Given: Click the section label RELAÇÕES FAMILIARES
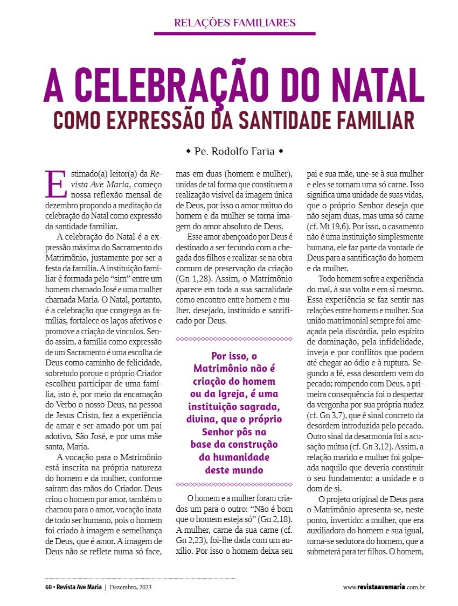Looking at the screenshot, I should pyautogui.click(x=235, y=23).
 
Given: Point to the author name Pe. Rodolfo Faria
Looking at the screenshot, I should pyautogui.click(x=235, y=151).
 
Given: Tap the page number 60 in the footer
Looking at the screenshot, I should pyautogui.click(x=48, y=587).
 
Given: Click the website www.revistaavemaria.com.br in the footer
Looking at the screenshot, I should pyautogui.click(x=384, y=587).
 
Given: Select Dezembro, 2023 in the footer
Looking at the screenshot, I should pyautogui.click(x=130, y=587).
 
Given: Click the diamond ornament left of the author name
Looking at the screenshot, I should pyautogui.click(x=188, y=151).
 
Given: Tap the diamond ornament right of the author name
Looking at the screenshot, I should pyautogui.click(x=281, y=151).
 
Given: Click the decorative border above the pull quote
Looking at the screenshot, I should pyautogui.click(x=234, y=339).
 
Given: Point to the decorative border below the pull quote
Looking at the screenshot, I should pyautogui.click(x=234, y=484).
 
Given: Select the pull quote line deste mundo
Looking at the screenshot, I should pyautogui.click(x=234, y=469).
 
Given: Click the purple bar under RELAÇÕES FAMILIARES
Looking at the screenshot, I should pyautogui.click(x=235, y=33).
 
